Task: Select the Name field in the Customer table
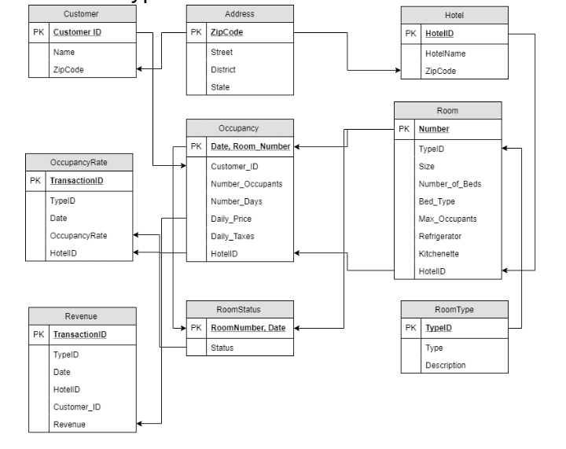(63, 53)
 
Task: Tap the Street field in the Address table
(222, 53)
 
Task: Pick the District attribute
(224, 70)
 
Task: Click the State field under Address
(221, 87)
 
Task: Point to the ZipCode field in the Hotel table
(440, 70)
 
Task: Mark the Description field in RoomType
(445, 365)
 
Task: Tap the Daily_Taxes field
(232, 235)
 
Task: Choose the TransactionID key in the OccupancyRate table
(77, 181)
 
